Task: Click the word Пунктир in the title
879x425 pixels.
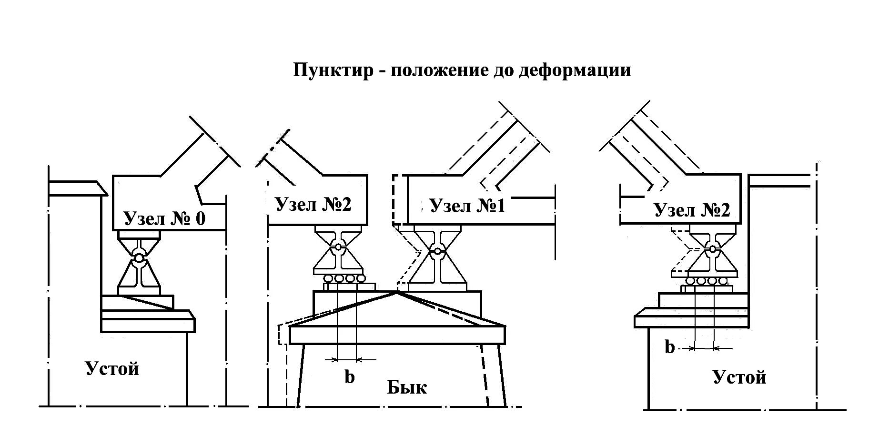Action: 333,70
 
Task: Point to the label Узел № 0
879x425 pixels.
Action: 164,218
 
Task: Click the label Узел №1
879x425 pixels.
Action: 467,206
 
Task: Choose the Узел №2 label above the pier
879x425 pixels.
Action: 313,204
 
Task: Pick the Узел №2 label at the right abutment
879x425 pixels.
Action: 692,209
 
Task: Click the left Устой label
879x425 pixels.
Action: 112,368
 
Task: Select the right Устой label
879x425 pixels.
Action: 739,377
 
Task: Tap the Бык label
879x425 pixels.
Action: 406,387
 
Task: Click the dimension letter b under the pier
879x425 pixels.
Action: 350,377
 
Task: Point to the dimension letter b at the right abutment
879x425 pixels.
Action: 670,347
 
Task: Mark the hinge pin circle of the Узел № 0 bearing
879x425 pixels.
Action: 139,257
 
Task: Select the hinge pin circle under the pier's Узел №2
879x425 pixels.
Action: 338,247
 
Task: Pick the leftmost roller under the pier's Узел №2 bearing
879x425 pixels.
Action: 328,278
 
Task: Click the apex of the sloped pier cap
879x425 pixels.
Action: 396,293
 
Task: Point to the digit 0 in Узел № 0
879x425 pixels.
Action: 200,218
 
